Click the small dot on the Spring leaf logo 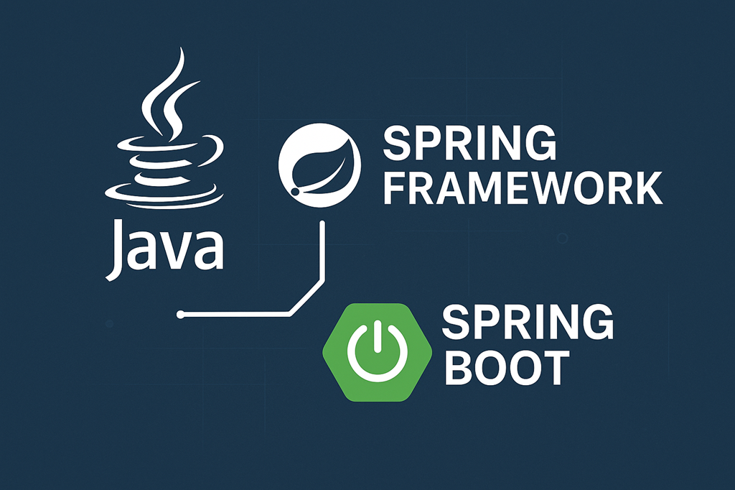pos(296,193)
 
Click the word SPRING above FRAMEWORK pos(470,144)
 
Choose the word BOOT pos(505,367)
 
